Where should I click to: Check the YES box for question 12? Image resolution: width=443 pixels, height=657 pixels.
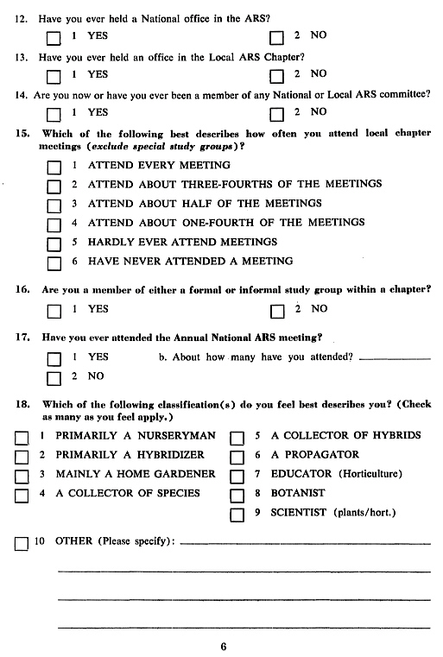[x=54, y=38]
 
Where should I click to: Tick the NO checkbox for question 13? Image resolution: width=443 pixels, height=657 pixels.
[x=276, y=76]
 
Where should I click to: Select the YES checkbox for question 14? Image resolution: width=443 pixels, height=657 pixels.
[x=54, y=114]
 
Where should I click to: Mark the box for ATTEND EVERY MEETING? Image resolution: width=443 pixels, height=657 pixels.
[x=54, y=167]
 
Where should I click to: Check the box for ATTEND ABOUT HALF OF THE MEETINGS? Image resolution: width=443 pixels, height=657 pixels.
[x=54, y=206]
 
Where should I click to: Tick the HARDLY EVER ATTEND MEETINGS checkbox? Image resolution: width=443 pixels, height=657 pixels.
[x=54, y=245]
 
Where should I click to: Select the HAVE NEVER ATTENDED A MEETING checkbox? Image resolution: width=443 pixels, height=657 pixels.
[x=54, y=264]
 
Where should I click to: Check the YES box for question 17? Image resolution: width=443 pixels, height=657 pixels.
[x=54, y=359]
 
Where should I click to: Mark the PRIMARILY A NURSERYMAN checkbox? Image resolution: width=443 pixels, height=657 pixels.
[x=22, y=438]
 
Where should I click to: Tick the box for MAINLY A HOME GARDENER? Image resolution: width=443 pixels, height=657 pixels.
[x=22, y=477]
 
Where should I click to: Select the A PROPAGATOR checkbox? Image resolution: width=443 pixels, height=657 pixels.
[x=236, y=458]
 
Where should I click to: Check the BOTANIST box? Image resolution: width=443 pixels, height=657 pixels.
[x=236, y=496]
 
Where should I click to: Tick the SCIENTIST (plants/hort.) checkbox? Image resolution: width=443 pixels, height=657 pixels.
[x=236, y=515]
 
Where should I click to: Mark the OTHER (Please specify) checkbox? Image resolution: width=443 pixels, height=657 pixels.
[x=22, y=544]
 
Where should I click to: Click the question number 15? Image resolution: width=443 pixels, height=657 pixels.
[x=23, y=134]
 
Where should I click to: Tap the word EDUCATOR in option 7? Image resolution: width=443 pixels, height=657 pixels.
[x=301, y=474]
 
